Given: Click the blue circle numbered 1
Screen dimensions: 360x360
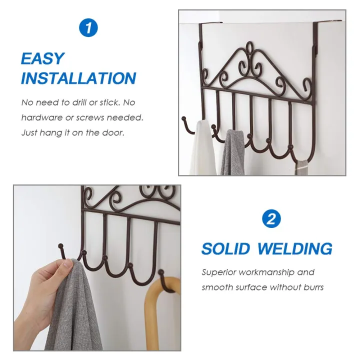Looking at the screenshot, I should coord(88,28).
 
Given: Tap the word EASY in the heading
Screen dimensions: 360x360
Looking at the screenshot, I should coord(43,58).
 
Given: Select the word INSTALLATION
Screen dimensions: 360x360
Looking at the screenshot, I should coord(78,78).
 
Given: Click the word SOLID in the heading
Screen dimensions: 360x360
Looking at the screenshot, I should coord(229,248).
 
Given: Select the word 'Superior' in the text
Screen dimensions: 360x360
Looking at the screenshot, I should coord(219,272).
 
